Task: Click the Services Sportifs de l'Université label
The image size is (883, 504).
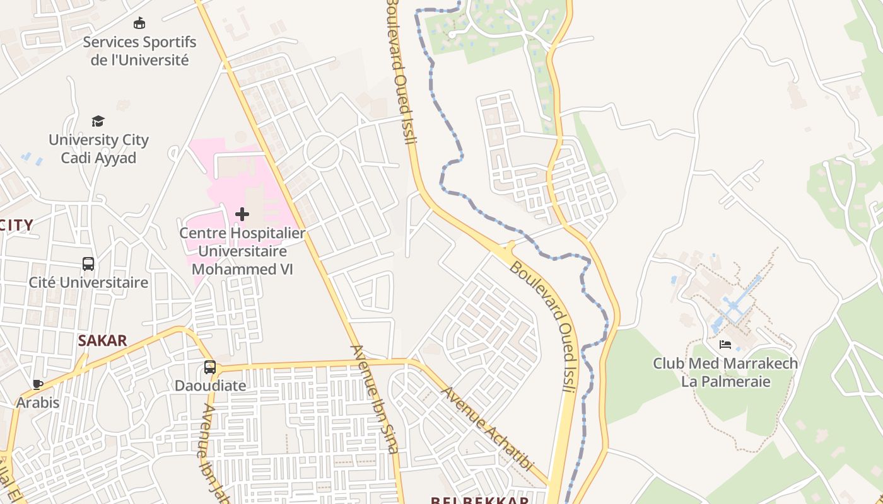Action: [139, 51]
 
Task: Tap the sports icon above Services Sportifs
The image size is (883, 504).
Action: [139, 23]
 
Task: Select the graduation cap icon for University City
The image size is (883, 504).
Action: [98, 121]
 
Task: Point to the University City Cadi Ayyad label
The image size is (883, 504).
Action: [98, 149]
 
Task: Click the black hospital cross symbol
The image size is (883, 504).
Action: [242, 214]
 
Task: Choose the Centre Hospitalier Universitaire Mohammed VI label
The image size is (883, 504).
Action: [242, 251]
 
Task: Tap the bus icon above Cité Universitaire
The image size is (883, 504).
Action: [88, 264]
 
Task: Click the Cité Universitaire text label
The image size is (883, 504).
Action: [88, 282]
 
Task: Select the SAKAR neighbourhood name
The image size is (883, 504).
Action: [102, 341]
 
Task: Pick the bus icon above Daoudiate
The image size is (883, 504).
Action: [210, 367]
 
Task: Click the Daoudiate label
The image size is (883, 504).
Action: [210, 385]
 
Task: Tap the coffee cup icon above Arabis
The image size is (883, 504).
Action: [38, 384]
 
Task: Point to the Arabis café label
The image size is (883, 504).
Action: [38, 403]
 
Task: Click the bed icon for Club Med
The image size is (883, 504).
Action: [725, 345]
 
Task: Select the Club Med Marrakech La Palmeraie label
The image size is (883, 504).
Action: [725, 372]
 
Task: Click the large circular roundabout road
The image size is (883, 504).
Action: [322, 152]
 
